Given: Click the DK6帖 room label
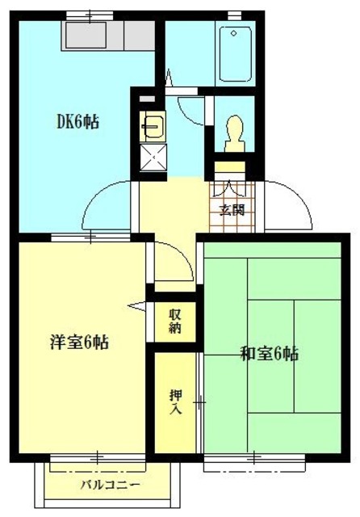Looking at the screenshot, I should (x=77, y=123).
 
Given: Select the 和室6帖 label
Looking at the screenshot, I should (x=270, y=353).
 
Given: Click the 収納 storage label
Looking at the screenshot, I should (x=175, y=322).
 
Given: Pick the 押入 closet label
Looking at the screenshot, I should (x=175, y=401).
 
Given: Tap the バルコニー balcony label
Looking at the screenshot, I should (x=110, y=485).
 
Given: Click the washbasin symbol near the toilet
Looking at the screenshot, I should (x=151, y=127).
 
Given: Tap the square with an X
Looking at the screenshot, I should (x=151, y=157).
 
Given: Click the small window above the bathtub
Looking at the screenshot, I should (x=235, y=15).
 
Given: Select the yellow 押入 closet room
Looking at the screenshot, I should (x=175, y=401).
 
